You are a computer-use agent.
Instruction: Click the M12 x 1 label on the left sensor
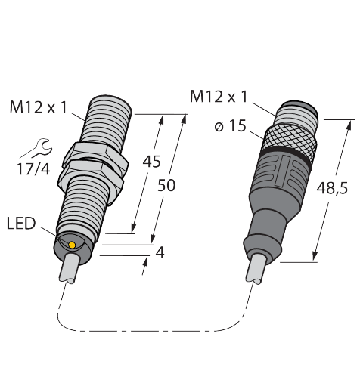point(37,108)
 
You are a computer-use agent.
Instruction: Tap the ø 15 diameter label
point(231,126)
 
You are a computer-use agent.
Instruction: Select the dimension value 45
point(151,162)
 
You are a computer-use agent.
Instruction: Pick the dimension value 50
point(167,185)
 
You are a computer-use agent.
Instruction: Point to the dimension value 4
point(159,253)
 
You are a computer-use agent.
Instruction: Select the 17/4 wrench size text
point(31,169)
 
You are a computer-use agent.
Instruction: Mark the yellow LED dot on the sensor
point(71,245)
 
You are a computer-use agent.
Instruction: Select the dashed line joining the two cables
point(151,329)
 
